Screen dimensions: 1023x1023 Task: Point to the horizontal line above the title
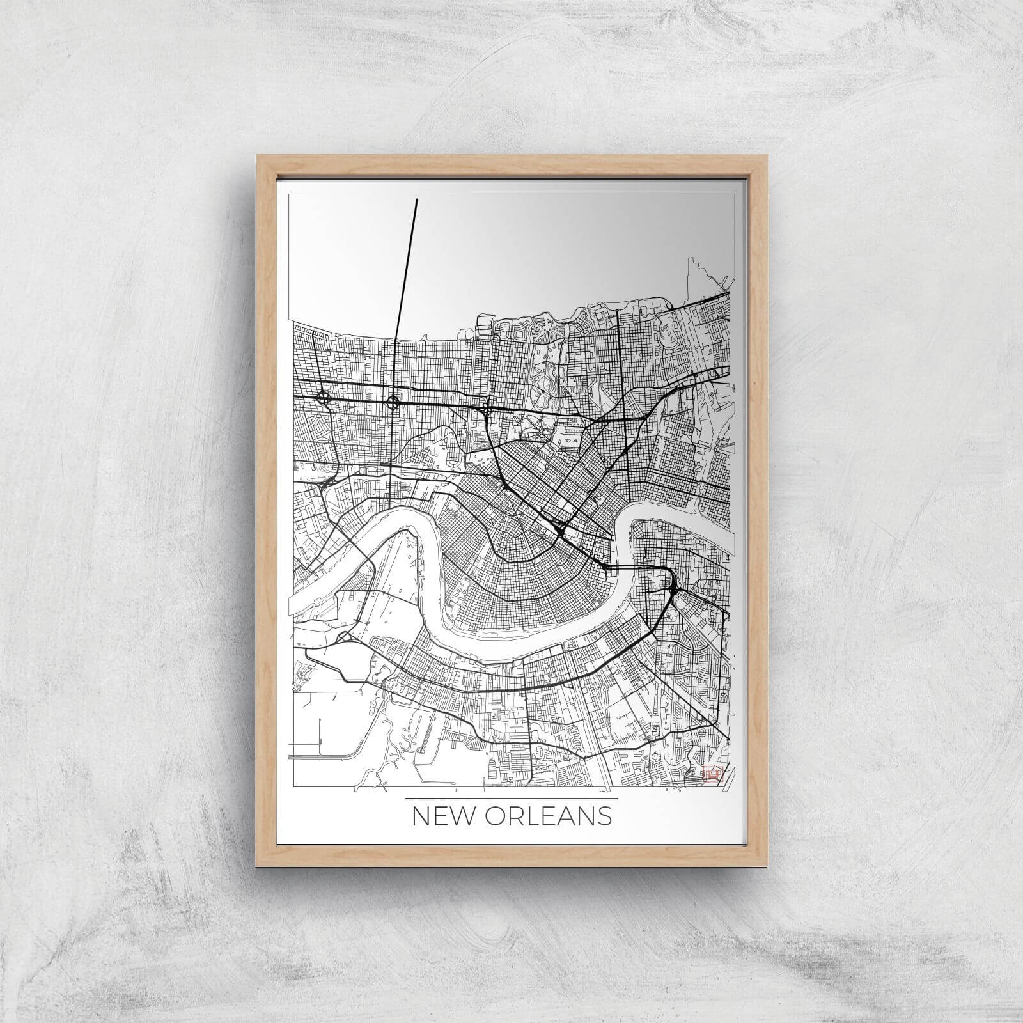(511, 799)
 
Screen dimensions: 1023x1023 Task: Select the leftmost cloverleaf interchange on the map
(324, 400)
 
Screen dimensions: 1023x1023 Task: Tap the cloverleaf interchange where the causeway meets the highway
(393, 403)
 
